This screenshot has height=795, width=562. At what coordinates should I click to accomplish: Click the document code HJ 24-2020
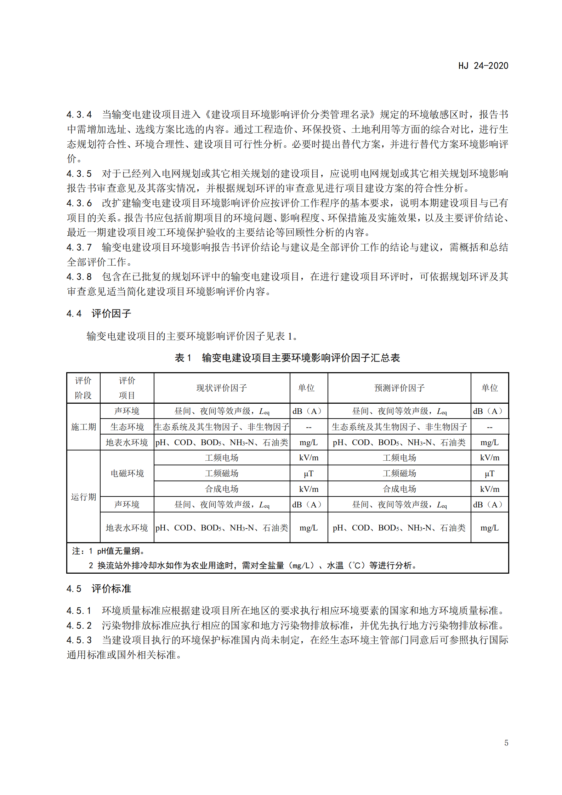[x=483, y=66]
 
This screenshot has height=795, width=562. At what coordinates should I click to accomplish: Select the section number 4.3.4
[x=79, y=115]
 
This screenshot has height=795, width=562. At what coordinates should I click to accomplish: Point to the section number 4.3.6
[x=79, y=203]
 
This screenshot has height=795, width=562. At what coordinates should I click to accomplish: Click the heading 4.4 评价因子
[x=99, y=313]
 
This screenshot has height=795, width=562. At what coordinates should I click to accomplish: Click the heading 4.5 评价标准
[x=99, y=589]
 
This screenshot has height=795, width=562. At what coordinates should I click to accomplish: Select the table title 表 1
[x=183, y=358]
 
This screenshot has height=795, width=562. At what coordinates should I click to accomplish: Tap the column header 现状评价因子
[x=222, y=388]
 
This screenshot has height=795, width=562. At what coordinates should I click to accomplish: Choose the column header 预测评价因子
[x=399, y=388]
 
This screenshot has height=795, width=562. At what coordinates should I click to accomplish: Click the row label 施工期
[x=84, y=427]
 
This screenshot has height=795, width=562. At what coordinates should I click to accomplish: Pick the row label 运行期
[x=84, y=497]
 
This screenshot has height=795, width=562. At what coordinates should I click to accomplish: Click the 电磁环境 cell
[x=127, y=473]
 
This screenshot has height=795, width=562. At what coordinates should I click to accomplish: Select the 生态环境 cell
[x=127, y=427]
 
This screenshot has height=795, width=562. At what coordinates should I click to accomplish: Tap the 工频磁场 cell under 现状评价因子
[x=222, y=473]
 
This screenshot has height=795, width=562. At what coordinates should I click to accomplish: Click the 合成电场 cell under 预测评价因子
[x=399, y=489]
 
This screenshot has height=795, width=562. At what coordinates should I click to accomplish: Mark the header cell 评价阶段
[x=83, y=388]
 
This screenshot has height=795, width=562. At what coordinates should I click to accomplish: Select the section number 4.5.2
[x=79, y=626]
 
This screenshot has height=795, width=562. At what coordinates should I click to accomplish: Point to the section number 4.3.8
[x=79, y=277]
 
